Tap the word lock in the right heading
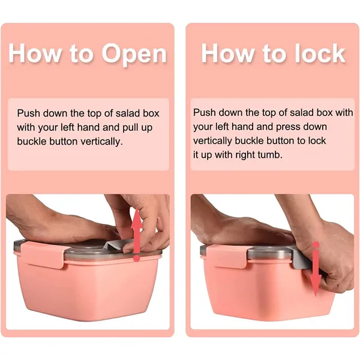pyautogui.click(x=320, y=53)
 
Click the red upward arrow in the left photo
pyautogui.click(x=137, y=234)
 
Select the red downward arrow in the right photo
pyautogui.click(x=316, y=269)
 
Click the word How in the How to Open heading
pyautogui.click(x=34, y=53)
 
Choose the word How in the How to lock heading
pyautogui.click(x=228, y=53)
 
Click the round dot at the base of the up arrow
pyautogui.click(x=137, y=258)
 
